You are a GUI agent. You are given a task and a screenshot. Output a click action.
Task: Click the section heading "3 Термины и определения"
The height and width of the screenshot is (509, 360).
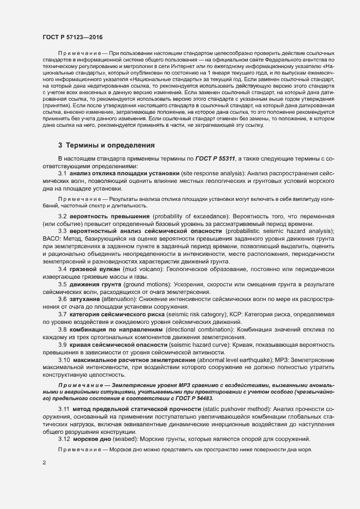pos(99,145)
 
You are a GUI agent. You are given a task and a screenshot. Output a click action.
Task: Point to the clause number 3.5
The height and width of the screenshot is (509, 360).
pos(62,284)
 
